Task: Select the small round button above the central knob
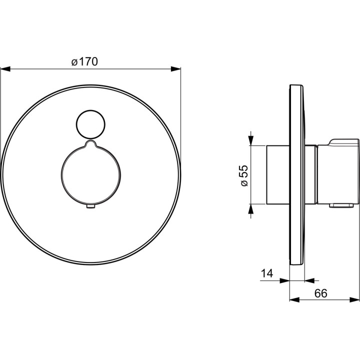point(90,123)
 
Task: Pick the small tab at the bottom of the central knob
point(90,206)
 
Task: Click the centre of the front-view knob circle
point(90,174)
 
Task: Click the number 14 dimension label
point(266,274)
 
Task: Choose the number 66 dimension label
point(320,294)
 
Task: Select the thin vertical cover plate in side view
point(297,175)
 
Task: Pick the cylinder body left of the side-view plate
point(277,175)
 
